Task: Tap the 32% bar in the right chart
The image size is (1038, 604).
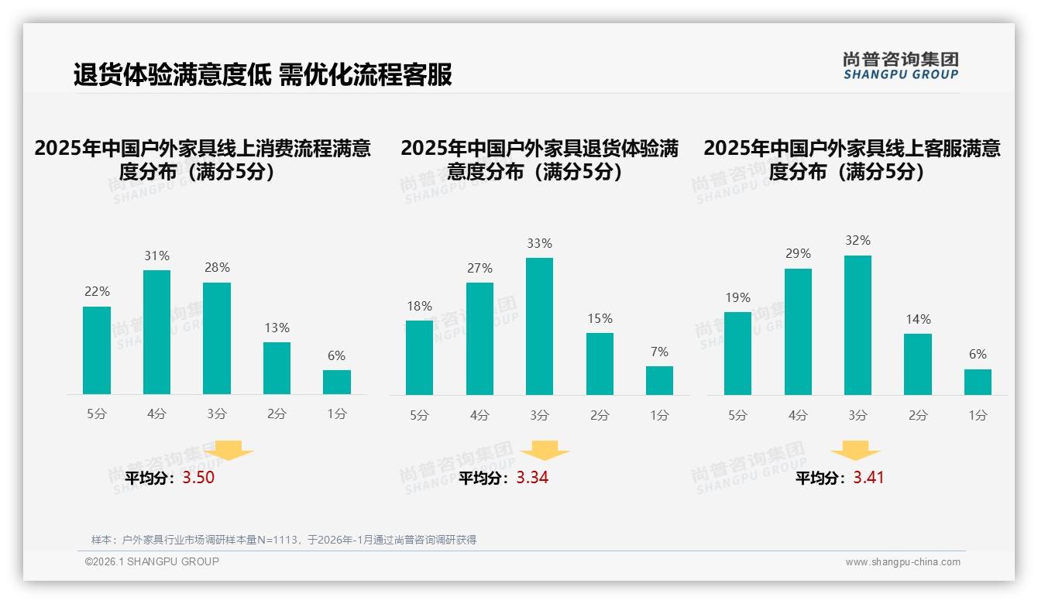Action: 858,324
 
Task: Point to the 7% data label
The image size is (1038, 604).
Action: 659,352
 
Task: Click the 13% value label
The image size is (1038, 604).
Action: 277,328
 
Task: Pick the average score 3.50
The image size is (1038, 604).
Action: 198,478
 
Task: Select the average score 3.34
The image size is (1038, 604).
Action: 532,478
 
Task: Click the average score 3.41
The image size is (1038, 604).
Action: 868,478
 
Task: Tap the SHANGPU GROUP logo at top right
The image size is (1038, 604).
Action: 900,66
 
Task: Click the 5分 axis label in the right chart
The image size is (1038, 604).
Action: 737,416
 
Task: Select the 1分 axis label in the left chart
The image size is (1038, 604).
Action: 337,414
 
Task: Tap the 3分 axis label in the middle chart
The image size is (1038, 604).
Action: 539,416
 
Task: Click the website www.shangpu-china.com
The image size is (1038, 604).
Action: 902,562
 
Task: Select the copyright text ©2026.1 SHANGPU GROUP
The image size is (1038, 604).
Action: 152,561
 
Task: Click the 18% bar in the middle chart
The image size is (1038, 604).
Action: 419,357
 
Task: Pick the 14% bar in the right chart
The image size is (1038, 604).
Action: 917,364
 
